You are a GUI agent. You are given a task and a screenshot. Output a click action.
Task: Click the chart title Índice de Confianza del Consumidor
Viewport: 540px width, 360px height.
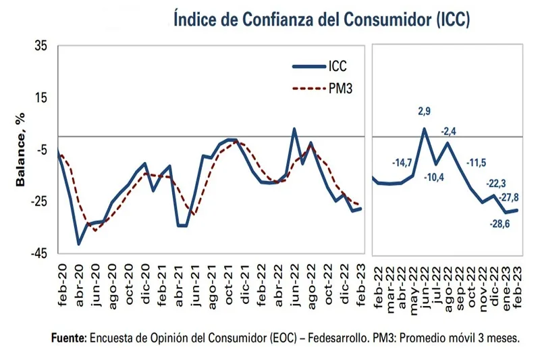(x=321, y=18)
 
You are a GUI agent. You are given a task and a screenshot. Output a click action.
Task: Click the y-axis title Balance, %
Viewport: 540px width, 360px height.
(x=20, y=150)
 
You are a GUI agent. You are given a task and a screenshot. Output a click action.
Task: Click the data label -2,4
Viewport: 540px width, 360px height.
(x=448, y=131)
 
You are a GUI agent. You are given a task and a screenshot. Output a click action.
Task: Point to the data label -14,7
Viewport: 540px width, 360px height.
(x=403, y=163)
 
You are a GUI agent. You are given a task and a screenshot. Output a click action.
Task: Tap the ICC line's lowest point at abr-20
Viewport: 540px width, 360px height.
(x=79, y=244)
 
